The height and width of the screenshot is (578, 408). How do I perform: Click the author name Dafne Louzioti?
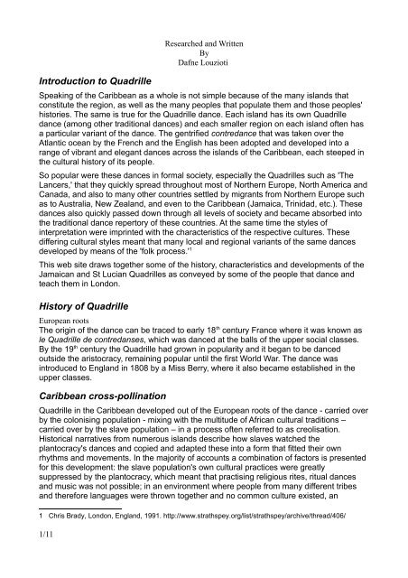click(x=202, y=63)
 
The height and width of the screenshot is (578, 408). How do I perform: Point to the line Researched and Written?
click(x=202, y=42)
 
